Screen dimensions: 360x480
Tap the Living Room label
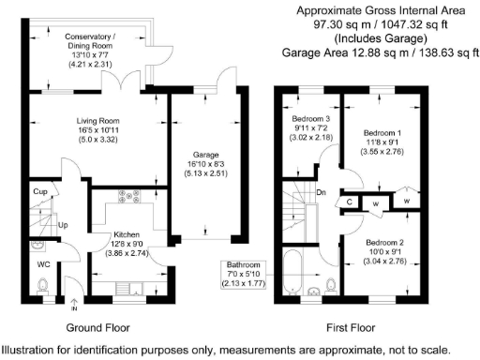click(97, 121)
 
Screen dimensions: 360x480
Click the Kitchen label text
click(127, 233)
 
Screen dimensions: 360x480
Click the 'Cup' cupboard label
click(40, 192)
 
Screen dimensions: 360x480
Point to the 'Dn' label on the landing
click(322, 191)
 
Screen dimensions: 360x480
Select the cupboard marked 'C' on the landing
click(348, 201)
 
